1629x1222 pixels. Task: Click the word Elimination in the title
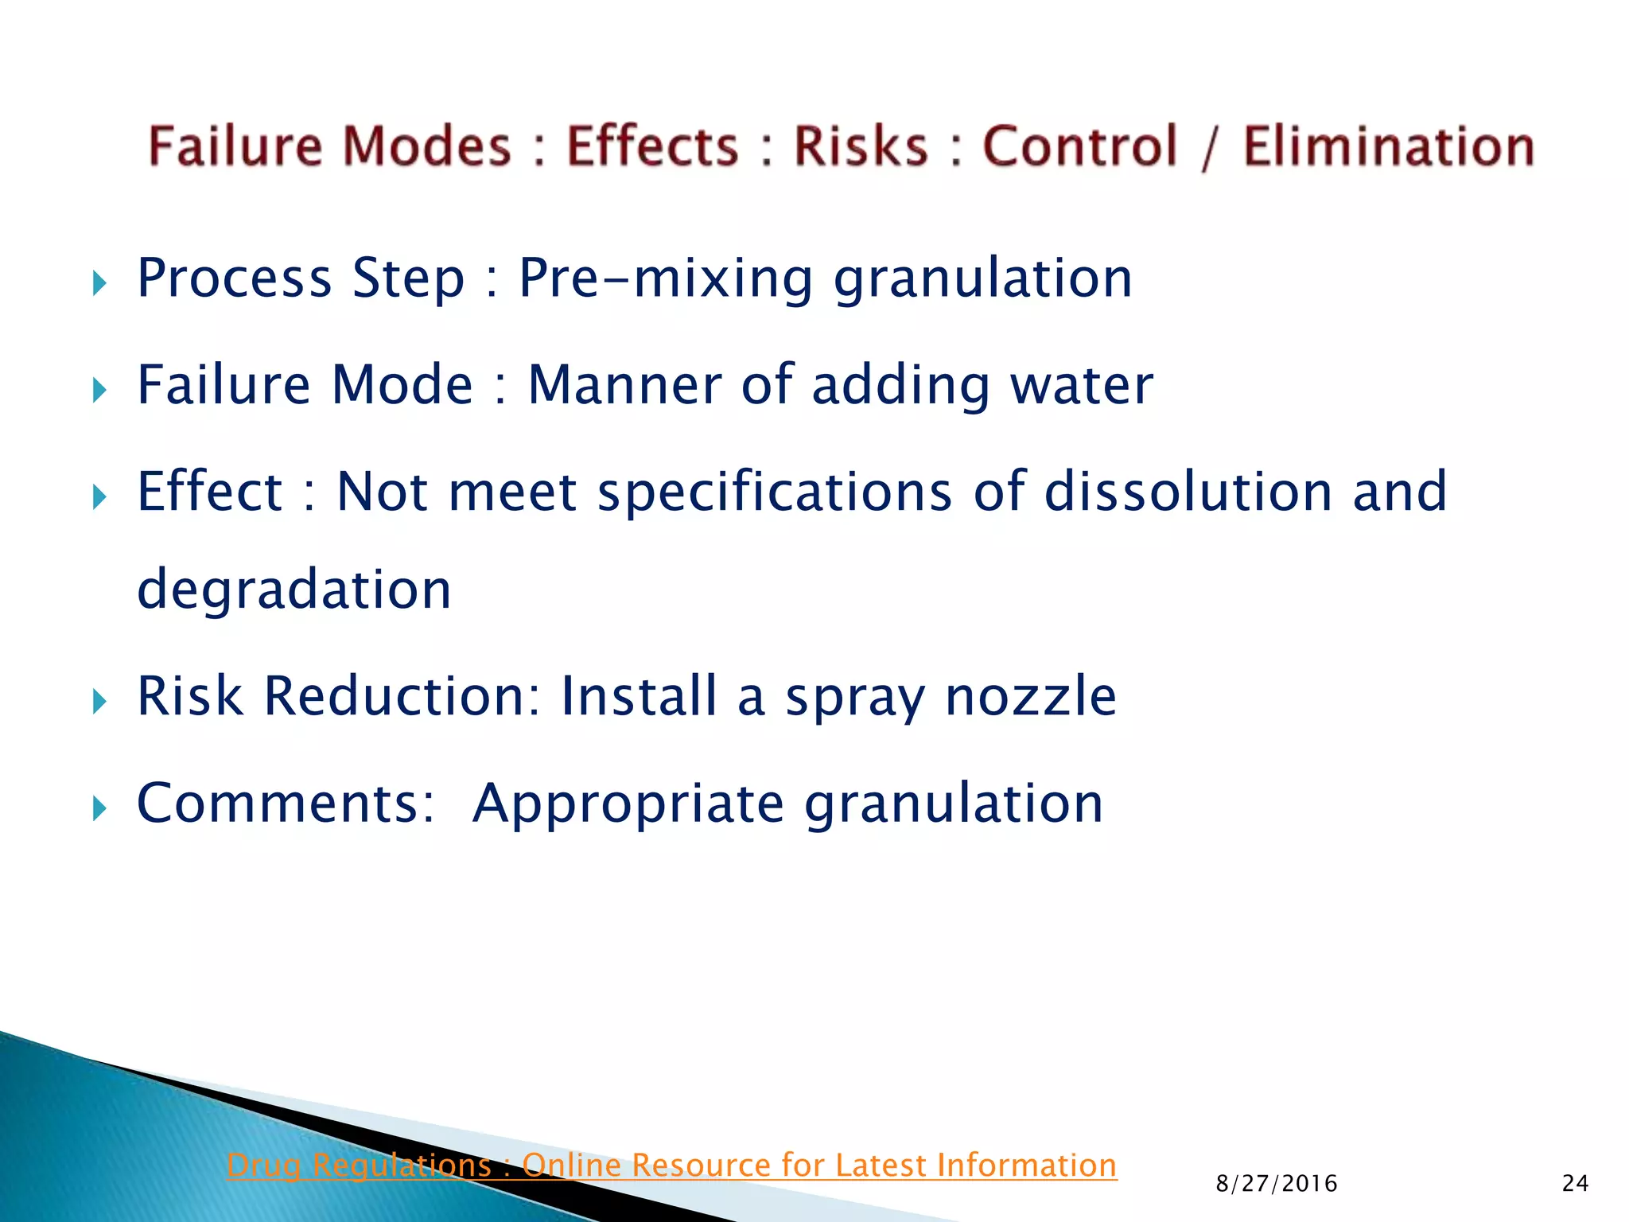pos(1388,147)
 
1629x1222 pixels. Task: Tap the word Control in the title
pos(1079,147)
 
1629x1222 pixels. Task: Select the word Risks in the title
pos(861,147)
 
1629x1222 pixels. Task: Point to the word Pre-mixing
pos(666,278)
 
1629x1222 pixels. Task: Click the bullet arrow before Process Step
pos(99,282)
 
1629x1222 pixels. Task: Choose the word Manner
pos(624,386)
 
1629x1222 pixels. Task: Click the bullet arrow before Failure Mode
pos(99,390)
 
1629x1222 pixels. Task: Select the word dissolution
pos(1188,492)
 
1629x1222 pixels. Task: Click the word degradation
pos(294,590)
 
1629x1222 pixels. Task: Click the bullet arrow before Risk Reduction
pos(99,701)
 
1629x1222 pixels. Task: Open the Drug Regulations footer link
pos(671,1166)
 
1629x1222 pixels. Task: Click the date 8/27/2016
pos(1277,1184)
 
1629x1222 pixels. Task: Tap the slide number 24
pos(1575,1184)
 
